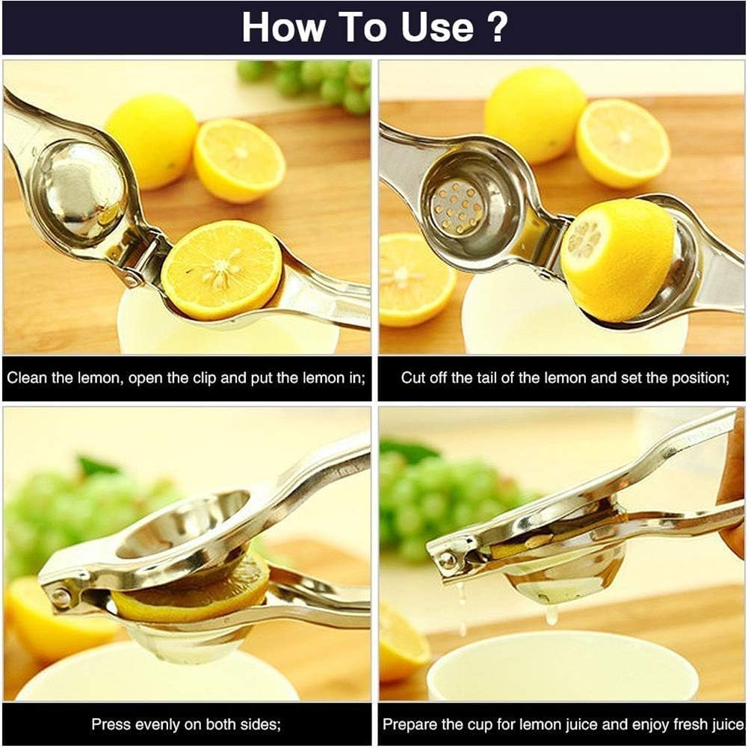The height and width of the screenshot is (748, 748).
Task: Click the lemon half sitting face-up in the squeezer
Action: [x=221, y=269]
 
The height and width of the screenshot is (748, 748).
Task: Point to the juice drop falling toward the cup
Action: [x=551, y=614]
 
